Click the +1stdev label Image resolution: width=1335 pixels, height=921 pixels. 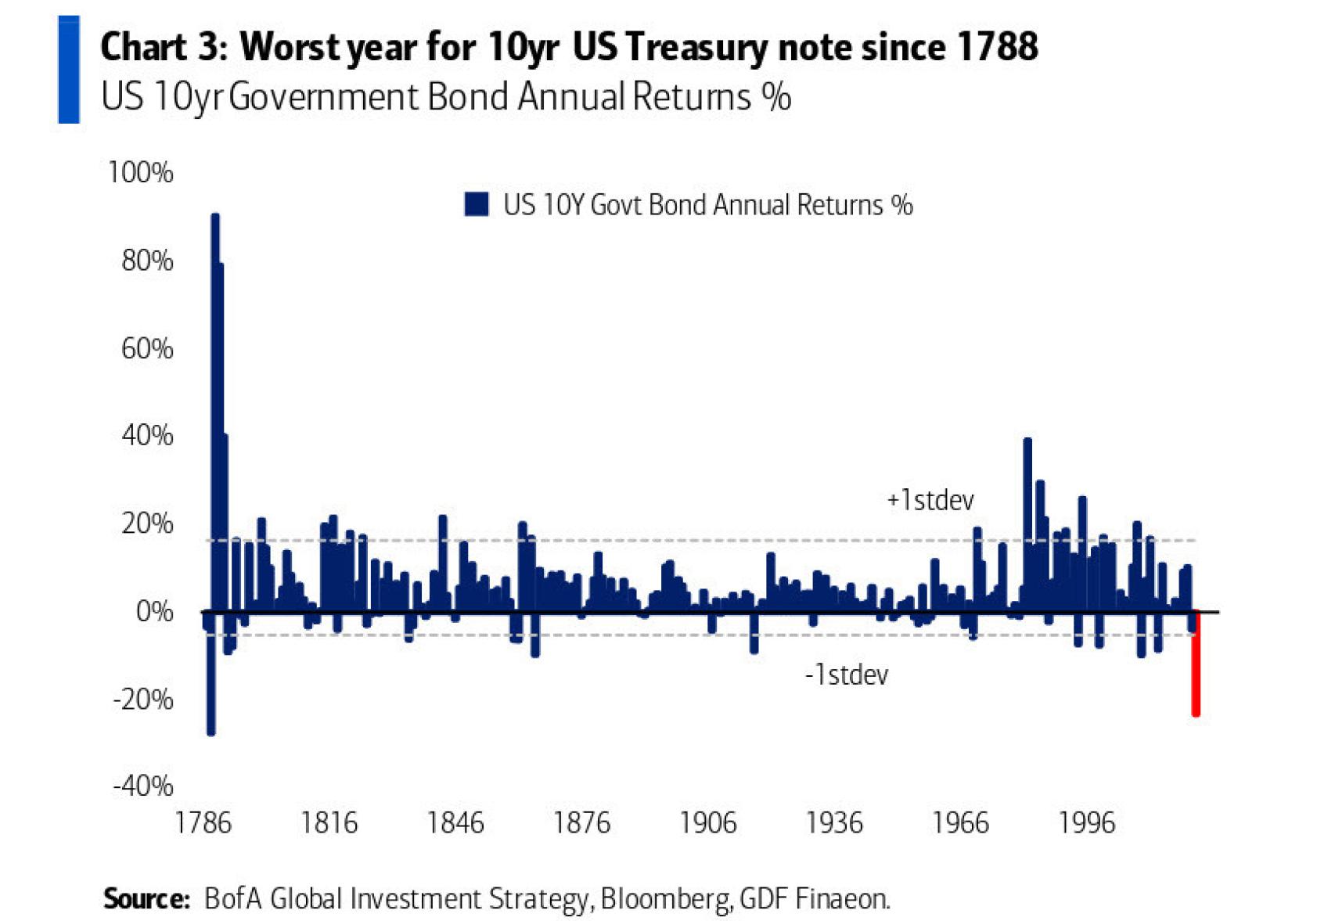click(930, 500)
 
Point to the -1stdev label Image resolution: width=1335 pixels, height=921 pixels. click(847, 675)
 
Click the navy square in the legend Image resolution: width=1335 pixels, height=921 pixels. click(476, 204)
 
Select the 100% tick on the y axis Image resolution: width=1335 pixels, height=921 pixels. click(141, 172)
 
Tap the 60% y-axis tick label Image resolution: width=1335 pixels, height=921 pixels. click(146, 348)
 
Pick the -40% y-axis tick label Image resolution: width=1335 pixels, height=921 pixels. click(142, 785)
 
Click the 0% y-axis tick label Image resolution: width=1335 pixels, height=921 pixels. click(154, 611)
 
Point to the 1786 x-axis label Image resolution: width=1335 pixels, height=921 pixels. click(203, 823)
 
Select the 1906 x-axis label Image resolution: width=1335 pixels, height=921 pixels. click(707, 823)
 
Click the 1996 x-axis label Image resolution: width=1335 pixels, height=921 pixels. click(1086, 823)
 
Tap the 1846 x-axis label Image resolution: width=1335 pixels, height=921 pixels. click(455, 823)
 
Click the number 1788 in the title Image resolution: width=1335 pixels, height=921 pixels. click(997, 47)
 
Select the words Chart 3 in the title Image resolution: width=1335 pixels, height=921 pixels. click(163, 47)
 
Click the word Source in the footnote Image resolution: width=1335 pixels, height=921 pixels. click(146, 898)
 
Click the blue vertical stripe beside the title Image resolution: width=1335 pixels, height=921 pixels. click(69, 70)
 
